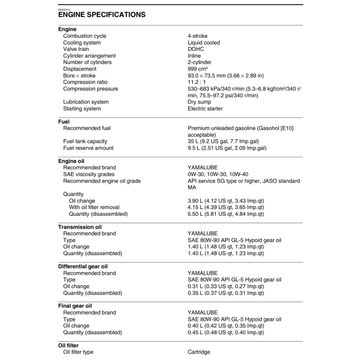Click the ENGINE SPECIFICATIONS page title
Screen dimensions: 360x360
(102, 14)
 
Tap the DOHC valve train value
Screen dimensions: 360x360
(195, 49)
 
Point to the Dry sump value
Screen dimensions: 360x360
(199, 102)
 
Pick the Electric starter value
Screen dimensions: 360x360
(205, 109)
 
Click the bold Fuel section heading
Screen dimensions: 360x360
(64, 122)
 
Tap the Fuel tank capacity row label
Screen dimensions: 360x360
(85, 141)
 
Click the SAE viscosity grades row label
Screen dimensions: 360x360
(89, 174)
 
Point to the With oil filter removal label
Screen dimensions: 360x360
(94, 207)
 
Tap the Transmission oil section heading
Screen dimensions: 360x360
(80, 227)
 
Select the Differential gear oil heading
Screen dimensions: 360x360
(83, 266)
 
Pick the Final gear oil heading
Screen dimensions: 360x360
(75, 306)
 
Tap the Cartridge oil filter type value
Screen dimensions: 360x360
(199, 352)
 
